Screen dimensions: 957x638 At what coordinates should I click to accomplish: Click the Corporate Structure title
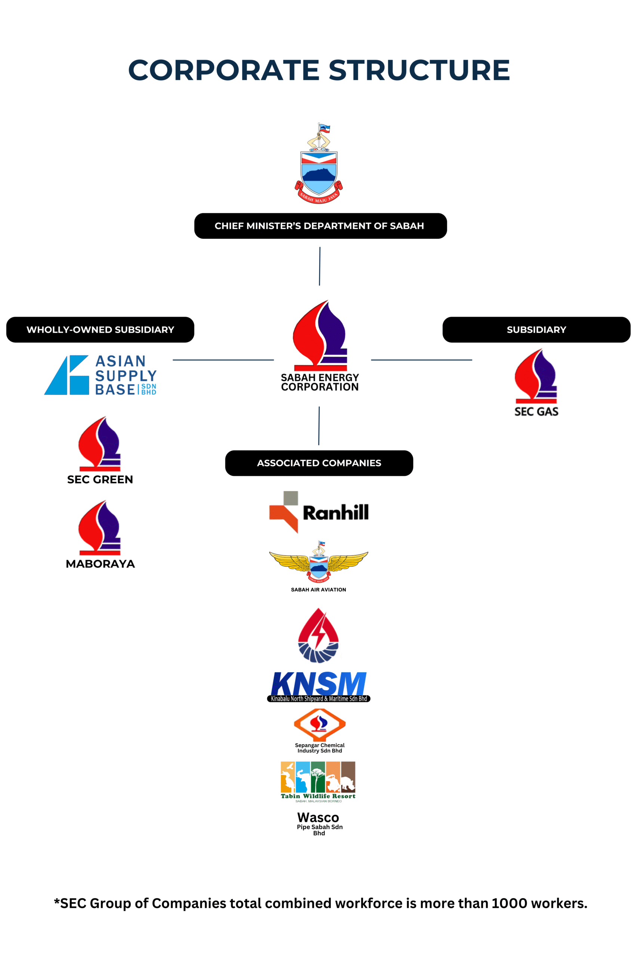coord(319,70)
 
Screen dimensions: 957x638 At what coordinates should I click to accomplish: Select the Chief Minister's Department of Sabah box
coord(320,226)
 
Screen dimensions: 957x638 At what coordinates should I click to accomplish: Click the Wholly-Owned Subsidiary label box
coord(100,330)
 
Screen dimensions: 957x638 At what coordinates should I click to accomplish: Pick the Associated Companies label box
coord(319,463)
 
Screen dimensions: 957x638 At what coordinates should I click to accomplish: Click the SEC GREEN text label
coord(100,480)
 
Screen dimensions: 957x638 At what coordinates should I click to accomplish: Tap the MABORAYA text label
coord(100,564)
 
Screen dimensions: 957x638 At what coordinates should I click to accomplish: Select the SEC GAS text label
coord(536,412)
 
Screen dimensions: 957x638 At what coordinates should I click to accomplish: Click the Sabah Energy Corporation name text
coord(320,382)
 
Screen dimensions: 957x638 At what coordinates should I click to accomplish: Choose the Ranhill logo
coord(319,512)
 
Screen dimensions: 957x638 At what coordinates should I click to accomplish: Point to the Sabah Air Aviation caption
coord(318,590)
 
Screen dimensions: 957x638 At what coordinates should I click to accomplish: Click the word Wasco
coord(318,818)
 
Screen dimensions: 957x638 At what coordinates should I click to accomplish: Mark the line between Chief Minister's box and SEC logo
coord(320,266)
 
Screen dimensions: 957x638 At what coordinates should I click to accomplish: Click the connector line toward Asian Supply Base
coord(223,360)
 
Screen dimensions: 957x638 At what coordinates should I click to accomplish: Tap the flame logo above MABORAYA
coord(100,528)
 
